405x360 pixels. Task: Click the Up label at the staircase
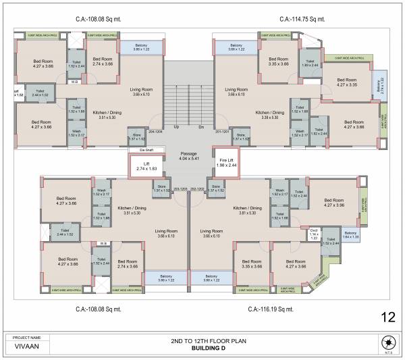[176, 127]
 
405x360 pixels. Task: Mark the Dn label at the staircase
[201, 127]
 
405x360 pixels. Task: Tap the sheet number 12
[387, 317]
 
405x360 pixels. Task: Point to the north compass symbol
[387, 340]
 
